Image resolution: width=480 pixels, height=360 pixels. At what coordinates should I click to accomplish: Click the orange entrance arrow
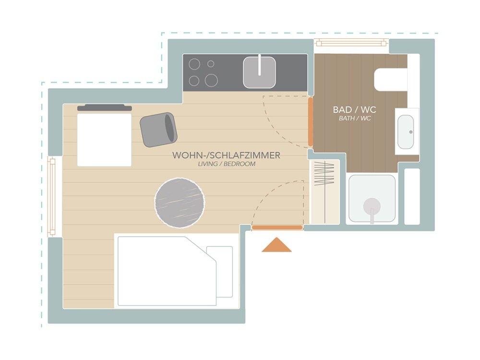[x=276, y=245]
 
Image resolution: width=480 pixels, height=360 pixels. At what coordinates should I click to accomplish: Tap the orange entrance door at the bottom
[x=277, y=228]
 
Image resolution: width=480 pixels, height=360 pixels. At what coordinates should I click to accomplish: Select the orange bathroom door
[x=311, y=121]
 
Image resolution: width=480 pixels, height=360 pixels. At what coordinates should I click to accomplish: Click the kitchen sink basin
[x=259, y=72]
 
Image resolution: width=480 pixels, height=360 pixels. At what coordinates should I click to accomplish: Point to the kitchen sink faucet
[x=260, y=65]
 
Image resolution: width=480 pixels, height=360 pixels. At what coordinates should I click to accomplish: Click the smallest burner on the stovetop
[x=211, y=64]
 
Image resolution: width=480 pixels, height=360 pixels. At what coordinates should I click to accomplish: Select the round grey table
[x=180, y=203]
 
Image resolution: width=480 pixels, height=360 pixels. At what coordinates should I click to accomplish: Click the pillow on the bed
[x=219, y=272]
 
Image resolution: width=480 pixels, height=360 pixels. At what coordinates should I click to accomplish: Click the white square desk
[x=104, y=140]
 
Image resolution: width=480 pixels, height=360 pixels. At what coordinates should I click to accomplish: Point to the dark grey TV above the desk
[x=104, y=108]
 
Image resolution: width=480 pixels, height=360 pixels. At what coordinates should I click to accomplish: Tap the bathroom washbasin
[x=406, y=132]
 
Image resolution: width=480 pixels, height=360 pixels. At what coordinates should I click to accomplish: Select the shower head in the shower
[x=372, y=206]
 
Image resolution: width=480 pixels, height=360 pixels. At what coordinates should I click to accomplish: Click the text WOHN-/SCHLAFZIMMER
[x=226, y=155]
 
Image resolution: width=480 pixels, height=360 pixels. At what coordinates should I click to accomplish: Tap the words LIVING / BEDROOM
[x=227, y=164]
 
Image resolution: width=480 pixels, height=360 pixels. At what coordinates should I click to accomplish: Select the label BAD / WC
[x=355, y=109]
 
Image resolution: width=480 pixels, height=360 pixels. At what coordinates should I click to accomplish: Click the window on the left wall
[x=52, y=196]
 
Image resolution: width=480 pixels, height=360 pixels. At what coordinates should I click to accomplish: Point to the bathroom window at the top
[x=351, y=43]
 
